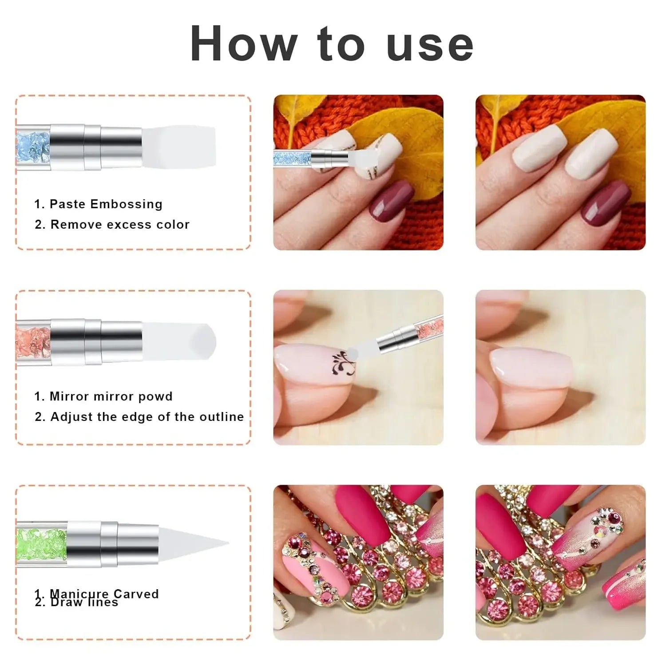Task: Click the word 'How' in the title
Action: (244, 44)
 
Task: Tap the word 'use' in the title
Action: (430, 44)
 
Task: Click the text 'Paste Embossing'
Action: (106, 204)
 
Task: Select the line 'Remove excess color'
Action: (120, 225)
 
